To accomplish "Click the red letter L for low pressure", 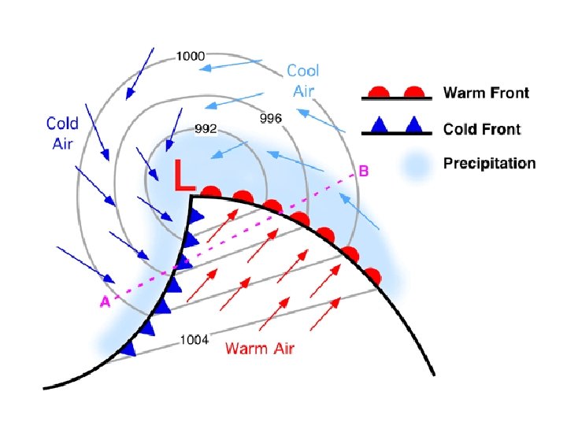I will point(183,176).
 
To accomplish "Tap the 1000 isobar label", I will point(191,56).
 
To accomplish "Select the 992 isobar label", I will point(206,128).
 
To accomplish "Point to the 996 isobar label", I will point(271,118).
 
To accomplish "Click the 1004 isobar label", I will point(195,340).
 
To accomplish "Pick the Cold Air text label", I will point(62,133).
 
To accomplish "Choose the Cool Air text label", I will point(303,80).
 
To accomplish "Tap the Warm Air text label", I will point(260,348).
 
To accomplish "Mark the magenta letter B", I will point(364,171).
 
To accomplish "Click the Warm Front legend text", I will point(486,94).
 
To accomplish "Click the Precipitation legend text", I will point(489,164).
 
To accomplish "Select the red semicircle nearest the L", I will point(210,191).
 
